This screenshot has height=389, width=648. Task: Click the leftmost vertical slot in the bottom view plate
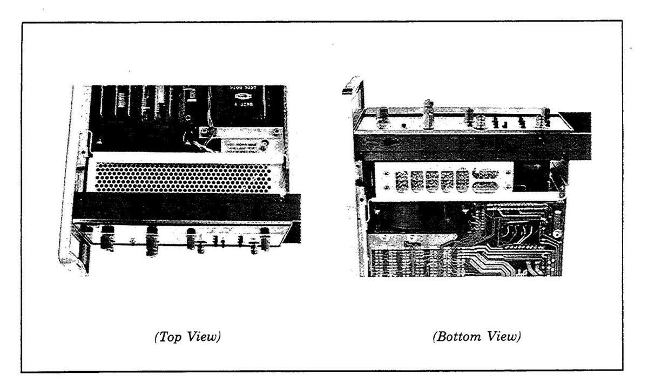point(402,180)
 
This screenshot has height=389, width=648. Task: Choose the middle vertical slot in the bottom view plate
point(433,180)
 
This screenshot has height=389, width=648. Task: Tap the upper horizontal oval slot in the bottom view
point(487,173)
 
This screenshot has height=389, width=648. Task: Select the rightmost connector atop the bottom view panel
point(546,117)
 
